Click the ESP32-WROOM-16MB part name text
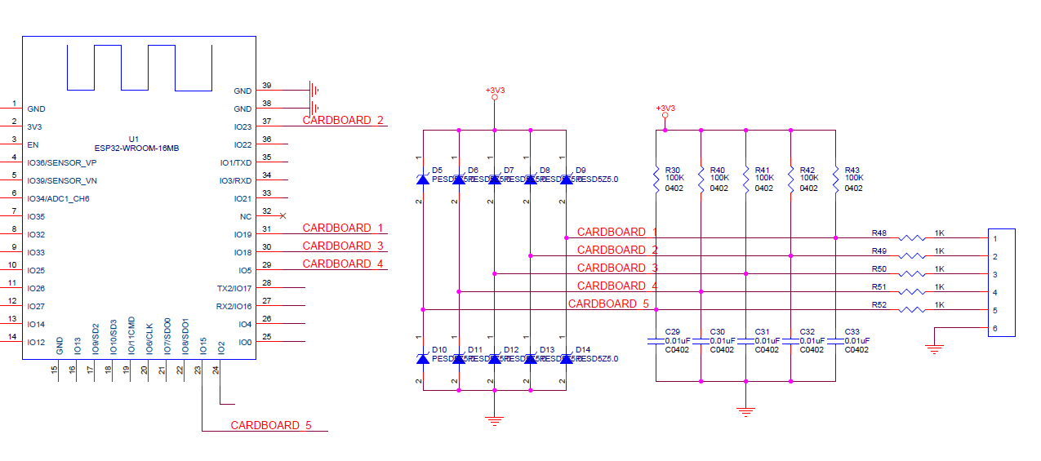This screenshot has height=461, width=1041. pyautogui.click(x=136, y=148)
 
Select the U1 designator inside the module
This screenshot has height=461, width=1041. pyautogui.click(x=134, y=139)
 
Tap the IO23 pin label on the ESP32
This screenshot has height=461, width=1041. pyautogui.click(x=242, y=127)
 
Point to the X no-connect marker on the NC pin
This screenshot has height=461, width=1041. pyautogui.click(x=282, y=215)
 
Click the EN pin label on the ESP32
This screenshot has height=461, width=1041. pyautogui.click(x=33, y=145)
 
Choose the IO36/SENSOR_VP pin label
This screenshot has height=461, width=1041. pyautogui.click(x=62, y=163)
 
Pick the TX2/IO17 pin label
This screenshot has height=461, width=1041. pyautogui.click(x=234, y=289)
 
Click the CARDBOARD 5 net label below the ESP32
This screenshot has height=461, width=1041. pyautogui.click(x=271, y=425)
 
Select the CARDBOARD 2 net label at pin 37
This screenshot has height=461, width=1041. pyautogui.click(x=343, y=120)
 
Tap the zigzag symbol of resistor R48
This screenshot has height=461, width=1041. pyautogui.click(x=912, y=238)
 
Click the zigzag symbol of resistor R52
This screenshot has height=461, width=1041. pyautogui.click(x=912, y=310)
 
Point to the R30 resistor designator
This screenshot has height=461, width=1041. pyautogui.click(x=674, y=170)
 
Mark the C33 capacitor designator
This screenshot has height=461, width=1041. pyautogui.click(x=853, y=331)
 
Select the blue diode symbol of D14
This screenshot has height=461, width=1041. pyautogui.click(x=566, y=359)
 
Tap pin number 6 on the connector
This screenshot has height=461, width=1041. pyautogui.click(x=995, y=329)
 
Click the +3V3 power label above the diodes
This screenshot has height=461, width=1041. pyautogui.click(x=495, y=91)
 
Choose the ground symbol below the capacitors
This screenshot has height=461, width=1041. pyautogui.click(x=745, y=412)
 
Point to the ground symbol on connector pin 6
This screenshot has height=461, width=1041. pyautogui.click(x=935, y=348)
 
